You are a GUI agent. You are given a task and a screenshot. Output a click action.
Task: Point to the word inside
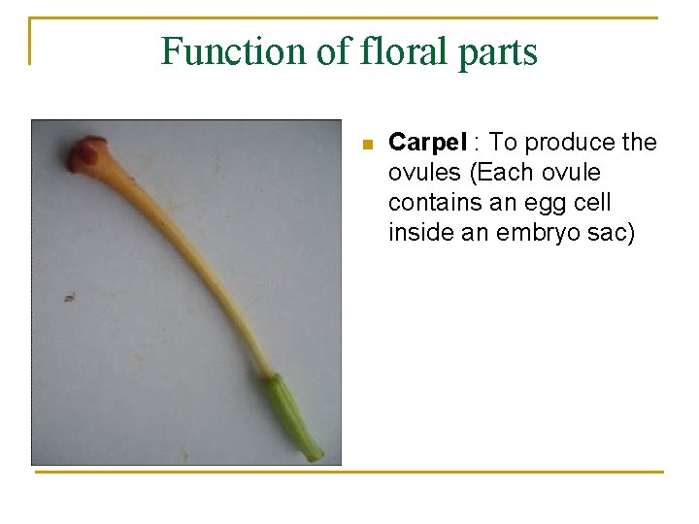tap(417, 233)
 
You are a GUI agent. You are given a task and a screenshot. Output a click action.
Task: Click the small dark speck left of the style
tap(69, 297)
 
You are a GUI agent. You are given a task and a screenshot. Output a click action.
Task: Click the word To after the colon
tap(507, 144)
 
